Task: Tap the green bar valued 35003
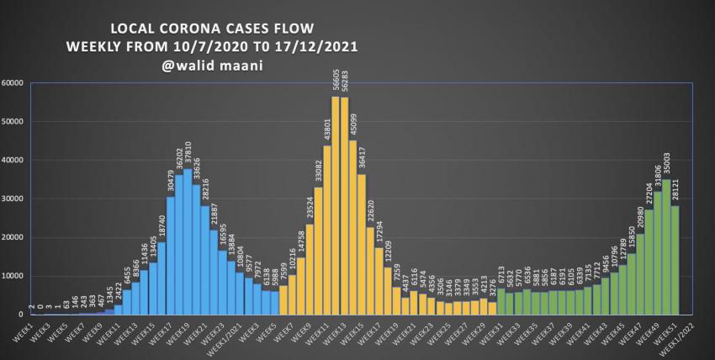pyautogui.click(x=666, y=247)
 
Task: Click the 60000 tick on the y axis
pyautogui.click(x=13, y=83)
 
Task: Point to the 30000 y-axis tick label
pyautogui.click(x=13, y=199)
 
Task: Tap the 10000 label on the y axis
pyautogui.click(x=13, y=276)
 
